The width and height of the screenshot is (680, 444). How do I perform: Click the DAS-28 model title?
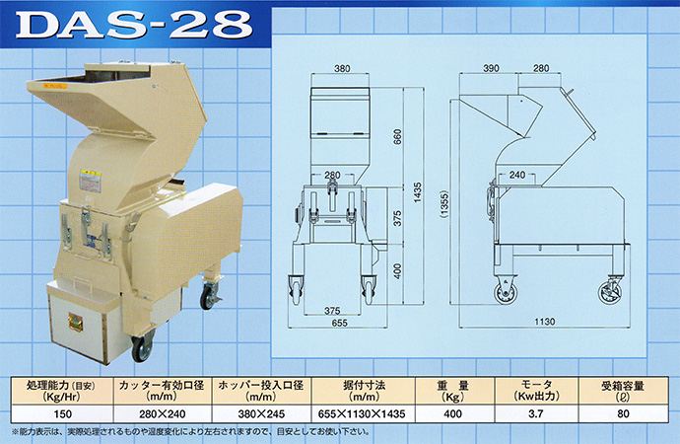point(133,25)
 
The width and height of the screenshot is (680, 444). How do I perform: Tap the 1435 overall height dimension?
point(417,191)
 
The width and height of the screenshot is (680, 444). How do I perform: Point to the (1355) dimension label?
point(444,203)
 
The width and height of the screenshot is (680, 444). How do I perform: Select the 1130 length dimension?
point(544,322)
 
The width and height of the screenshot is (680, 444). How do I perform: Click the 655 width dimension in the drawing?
point(339,323)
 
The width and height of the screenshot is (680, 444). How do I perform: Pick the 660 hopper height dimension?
point(398,136)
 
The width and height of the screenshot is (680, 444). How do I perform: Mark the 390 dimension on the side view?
point(491,68)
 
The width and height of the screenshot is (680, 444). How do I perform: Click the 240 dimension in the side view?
point(517,175)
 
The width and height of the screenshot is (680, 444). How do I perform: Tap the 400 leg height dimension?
point(398,270)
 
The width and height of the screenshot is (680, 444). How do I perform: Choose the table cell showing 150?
point(62,413)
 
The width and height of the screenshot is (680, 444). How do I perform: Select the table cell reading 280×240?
point(163,413)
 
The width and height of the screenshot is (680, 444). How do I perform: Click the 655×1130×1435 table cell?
point(362,413)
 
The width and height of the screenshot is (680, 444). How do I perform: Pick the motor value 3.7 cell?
point(535,413)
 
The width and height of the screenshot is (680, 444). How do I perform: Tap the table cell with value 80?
point(623,413)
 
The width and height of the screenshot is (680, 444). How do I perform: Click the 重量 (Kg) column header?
point(452,391)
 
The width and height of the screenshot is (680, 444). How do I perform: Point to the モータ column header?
point(536,391)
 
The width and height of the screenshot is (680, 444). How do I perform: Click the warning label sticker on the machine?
point(91,182)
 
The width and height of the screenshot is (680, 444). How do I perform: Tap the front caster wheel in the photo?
point(142,346)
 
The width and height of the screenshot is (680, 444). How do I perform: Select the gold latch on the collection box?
point(75,323)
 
